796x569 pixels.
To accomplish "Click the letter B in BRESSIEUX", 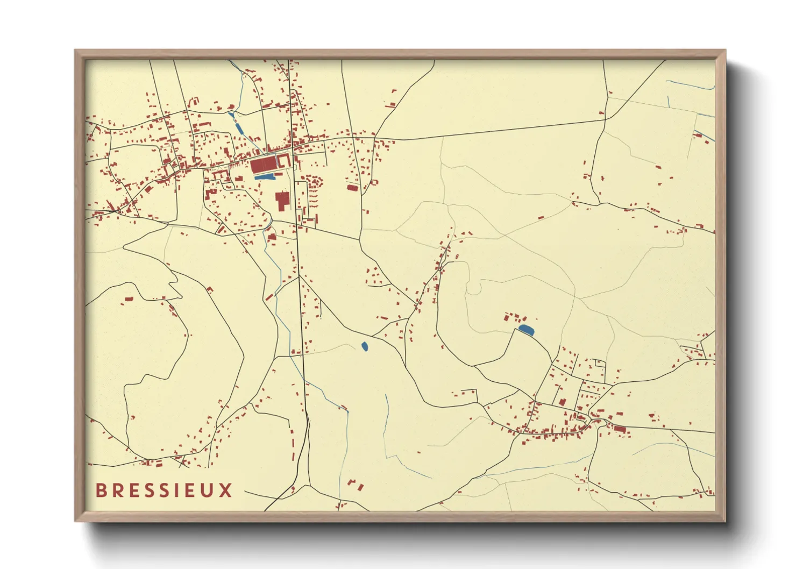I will [x=101, y=490].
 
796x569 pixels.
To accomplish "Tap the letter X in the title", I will [x=226, y=490].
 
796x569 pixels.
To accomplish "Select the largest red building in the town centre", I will [x=263, y=165].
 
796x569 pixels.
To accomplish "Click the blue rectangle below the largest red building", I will [x=264, y=176].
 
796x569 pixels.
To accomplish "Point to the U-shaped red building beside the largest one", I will [x=284, y=160].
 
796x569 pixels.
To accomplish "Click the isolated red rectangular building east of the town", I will [x=352, y=188].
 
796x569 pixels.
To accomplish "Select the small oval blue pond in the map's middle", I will [x=365, y=347].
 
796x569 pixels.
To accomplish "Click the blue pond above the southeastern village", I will [x=527, y=330].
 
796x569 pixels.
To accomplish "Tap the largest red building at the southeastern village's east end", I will [x=620, y=429].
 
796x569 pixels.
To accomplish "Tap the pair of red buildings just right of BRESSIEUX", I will [x=354, y=484].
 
